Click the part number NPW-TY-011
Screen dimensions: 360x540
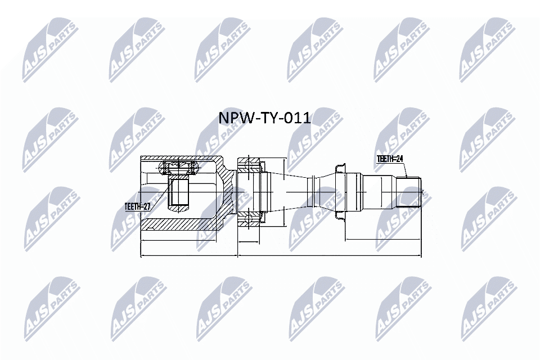pos(264,118)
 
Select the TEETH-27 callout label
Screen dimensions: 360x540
pos(137,206)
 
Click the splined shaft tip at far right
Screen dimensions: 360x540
pos(410,192)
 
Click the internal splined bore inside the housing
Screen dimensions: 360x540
pos(179,191)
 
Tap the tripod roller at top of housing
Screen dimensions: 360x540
pos(178,166)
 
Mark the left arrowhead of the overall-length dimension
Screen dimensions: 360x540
pos(141,256)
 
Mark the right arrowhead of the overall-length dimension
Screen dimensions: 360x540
pos(419,256)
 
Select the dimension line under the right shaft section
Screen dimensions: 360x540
pos(382,240)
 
